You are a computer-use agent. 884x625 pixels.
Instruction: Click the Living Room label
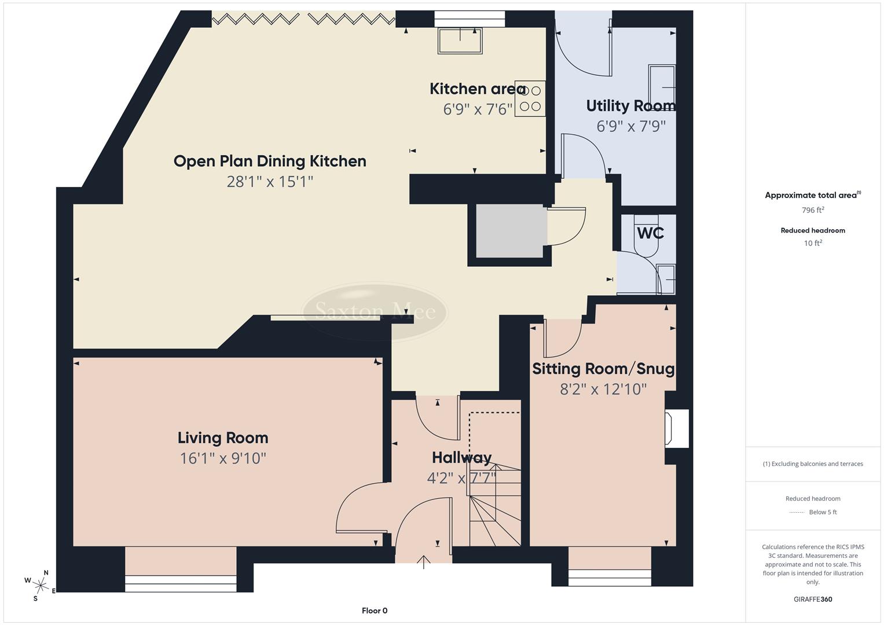[x=223, y=438]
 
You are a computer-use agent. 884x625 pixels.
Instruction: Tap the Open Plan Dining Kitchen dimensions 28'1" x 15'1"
[x=270, y=182]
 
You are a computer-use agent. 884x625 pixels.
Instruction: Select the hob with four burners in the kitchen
[x=530, y=98]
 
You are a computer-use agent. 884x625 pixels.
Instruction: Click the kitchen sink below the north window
[x=460, y=41]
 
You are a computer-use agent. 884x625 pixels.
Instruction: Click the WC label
[x=650, y=233]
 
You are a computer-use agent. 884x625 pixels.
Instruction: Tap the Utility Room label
[x=630, y=106]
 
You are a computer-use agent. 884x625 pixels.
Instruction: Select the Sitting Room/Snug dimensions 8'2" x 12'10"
[x=603, y=389]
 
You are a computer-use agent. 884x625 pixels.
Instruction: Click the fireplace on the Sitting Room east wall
[x=676, y=429]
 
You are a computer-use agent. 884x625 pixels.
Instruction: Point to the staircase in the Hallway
[x=493, y=503]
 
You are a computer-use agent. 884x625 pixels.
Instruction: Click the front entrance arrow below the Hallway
[x=424, y=562]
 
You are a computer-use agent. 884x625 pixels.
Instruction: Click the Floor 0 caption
[x=374, y=611]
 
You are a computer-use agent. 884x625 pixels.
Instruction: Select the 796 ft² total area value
[x=813, y=210]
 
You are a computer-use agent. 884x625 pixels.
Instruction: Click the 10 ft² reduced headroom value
[x=813, y=243]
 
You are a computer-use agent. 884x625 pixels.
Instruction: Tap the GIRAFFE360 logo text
[x=813, y=599]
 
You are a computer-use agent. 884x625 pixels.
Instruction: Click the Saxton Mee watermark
[x=375, y=311]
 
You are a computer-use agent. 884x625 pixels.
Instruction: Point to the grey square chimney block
[x=510, y=230]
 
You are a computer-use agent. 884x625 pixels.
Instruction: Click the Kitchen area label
[x=477, y=89]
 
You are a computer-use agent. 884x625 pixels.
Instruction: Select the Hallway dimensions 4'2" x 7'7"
[x=461, y=479]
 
